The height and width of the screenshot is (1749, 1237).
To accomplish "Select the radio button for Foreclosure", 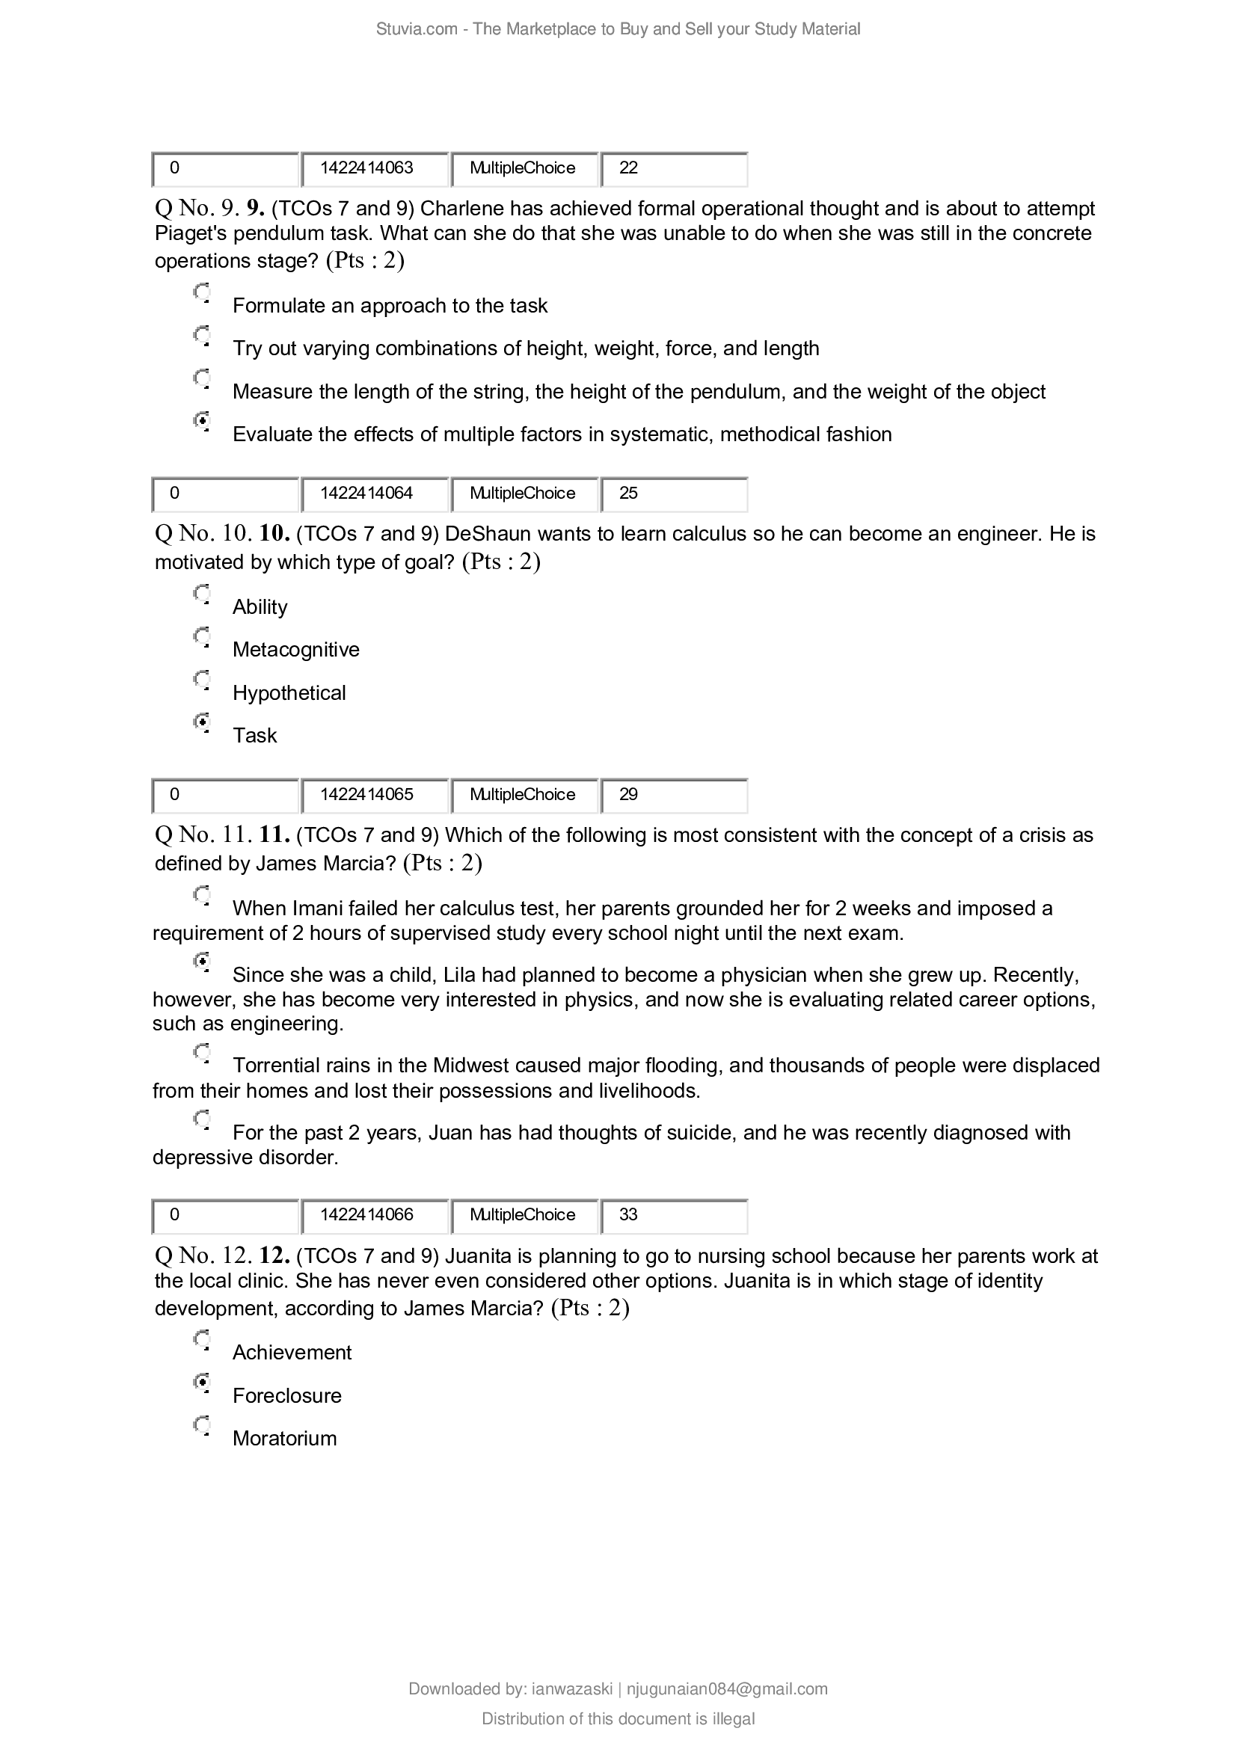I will [x=202, y=1381].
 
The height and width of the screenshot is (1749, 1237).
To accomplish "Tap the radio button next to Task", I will [x=202, y=721].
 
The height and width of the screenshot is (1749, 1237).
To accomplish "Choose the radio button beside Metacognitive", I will [x=202, y=636].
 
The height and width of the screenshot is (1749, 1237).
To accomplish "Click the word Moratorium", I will [x=284, y=1438].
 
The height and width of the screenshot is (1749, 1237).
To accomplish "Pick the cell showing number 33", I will [x=673, y=1214].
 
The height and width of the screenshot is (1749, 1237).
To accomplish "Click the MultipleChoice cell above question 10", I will [x=524, y=494].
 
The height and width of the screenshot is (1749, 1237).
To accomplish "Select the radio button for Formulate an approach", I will [x=202, y=292].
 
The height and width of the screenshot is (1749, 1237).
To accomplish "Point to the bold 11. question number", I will [x=274, y=835].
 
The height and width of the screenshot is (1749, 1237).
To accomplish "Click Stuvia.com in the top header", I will [x=416, y=29].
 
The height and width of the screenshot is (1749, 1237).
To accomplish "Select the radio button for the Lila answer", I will [x=202, y=961].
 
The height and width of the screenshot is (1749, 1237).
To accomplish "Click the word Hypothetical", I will [x=289, y=692].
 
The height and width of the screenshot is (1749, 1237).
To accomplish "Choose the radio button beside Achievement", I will [x=202, y=1338].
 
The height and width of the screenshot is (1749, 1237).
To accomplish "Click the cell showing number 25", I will [x=673, y=494].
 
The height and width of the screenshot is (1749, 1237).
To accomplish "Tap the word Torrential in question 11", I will [x=276, y=1065].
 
